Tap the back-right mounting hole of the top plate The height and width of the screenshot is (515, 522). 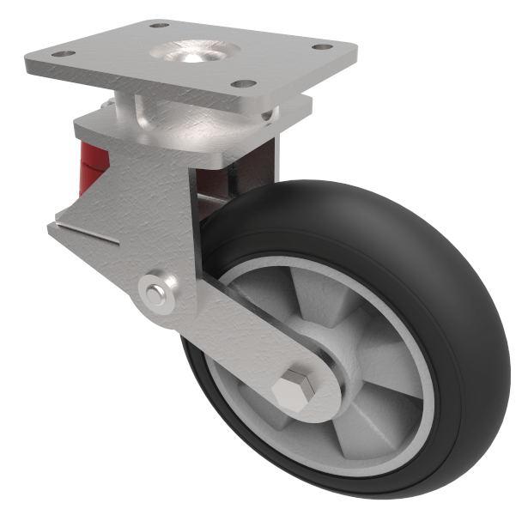click(x=321, y=46)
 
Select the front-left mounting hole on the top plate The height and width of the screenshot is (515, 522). click(x=62, y=54)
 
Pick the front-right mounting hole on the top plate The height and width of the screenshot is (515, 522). click(x=244, y=84)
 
